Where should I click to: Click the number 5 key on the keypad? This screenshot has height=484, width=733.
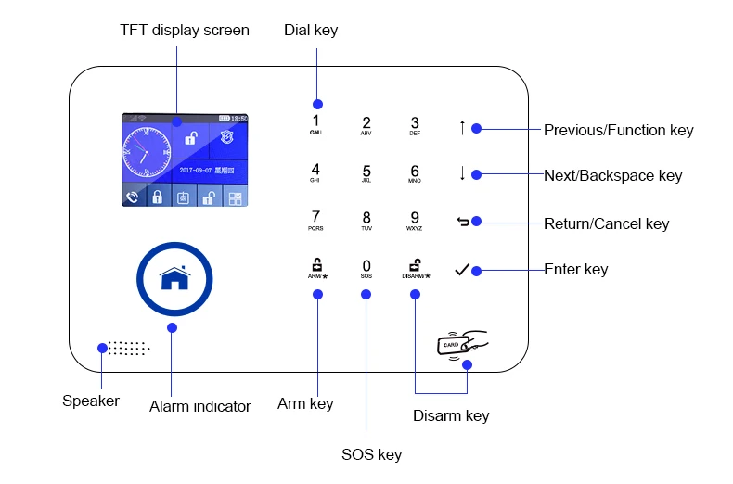[366, 173]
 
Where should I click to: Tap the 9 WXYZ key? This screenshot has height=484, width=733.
[415, 220]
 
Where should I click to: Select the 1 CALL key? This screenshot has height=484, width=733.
[315, 124]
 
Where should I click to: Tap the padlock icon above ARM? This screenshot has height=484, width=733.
[316, 263]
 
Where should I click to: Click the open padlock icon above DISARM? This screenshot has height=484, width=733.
[415, 263]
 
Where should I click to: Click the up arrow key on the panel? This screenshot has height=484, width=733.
[462, 128]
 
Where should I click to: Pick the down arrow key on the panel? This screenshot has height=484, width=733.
[462, 173]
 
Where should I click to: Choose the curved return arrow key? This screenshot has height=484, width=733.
[463, 222]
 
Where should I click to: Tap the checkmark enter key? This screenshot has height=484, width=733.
[462, 270]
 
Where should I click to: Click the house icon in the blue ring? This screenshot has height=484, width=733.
[174, 278]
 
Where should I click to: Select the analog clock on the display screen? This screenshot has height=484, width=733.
[146, 152]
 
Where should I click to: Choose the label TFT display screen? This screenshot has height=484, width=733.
[185, 31]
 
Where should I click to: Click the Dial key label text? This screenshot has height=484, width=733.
[311, 31]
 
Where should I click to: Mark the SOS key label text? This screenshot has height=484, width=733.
[371, 454]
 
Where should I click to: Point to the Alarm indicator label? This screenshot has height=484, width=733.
[200, 406]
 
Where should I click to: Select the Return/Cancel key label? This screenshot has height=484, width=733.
[606, 223]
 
